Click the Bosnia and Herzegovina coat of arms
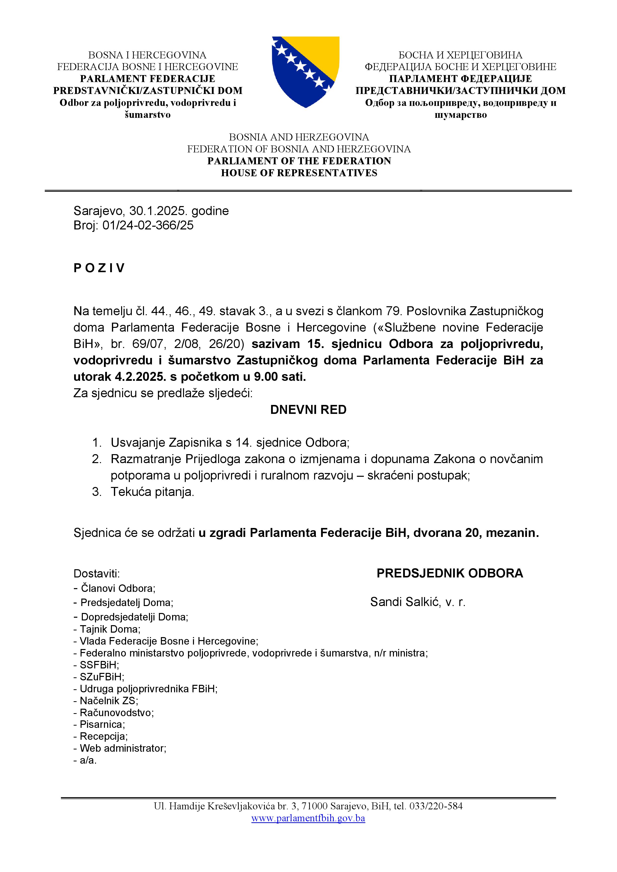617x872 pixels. click(305, 71)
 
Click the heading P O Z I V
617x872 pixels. click(99, 268)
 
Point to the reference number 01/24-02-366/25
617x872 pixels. click(148, 225)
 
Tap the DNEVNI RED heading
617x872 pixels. click(308, 410)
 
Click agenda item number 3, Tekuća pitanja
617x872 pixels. click(152, 492)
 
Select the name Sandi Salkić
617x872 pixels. click(404, 602)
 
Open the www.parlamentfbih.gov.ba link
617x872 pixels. click(308, 818)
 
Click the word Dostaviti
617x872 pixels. click(96, 573)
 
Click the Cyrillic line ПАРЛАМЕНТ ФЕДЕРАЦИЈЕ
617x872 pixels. click(461, 79)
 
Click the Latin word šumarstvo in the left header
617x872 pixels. click(147, 115)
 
